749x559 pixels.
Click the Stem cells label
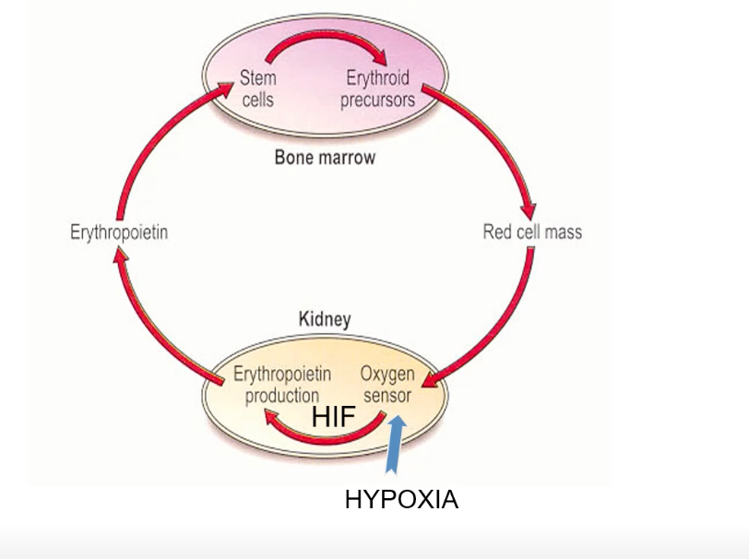(257, 88)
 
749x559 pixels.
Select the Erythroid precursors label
(377, 88)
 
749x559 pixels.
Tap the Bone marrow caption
(325, 157)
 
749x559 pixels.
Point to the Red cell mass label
(532, 232)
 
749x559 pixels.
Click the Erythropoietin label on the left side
(119, 232)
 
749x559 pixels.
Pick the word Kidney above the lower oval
(325, 320)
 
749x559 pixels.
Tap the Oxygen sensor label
(386, 386)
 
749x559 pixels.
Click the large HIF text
(333, 417)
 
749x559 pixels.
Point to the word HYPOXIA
(401, 500)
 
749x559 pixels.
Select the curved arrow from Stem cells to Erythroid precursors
(319, 41)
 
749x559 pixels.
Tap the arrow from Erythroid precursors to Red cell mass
(498, 138)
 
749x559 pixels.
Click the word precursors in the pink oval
(377, 99)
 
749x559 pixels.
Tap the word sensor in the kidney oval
(386, 397)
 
